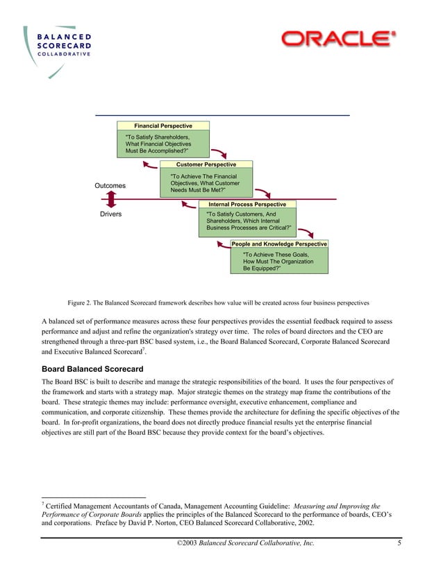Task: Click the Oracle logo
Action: click(338, 39)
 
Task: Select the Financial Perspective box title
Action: click(162, 126)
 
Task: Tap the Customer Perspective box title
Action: click(206, 164)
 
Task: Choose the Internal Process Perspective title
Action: click(246, 205)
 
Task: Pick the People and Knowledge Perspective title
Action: click(279, 244)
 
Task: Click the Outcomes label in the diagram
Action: click(110, 186)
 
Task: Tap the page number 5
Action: click(399, 542)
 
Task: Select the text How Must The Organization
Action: click(274, 262)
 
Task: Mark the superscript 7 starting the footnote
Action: click(43, 504)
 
